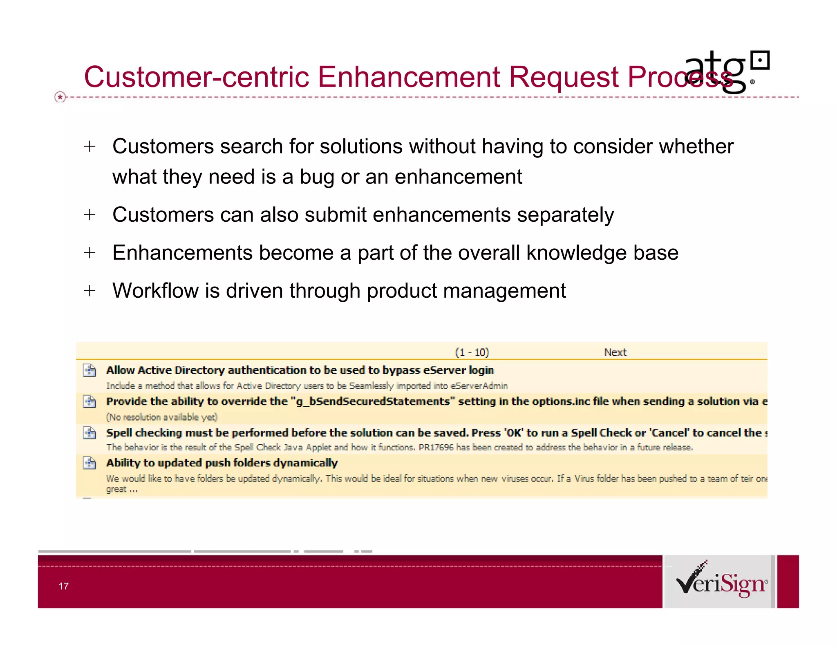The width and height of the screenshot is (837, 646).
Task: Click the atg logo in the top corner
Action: (727, 71)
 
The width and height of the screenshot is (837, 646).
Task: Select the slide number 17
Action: (63, 586)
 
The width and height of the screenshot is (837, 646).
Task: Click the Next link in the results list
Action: (615, 352)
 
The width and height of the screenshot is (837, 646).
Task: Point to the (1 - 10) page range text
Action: (472, 352)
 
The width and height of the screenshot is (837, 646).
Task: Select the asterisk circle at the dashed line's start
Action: (60, 97)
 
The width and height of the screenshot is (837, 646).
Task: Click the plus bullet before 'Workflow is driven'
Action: (90, 291)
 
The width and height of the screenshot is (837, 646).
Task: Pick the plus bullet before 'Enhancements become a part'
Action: (90, 253)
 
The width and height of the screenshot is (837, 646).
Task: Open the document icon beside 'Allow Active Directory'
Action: (90, 370)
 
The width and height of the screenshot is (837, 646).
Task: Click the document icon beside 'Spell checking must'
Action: (90, 432)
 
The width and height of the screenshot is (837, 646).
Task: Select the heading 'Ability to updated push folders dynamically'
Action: (222, 463)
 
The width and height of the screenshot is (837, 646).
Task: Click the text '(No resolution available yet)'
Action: (162, 417)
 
